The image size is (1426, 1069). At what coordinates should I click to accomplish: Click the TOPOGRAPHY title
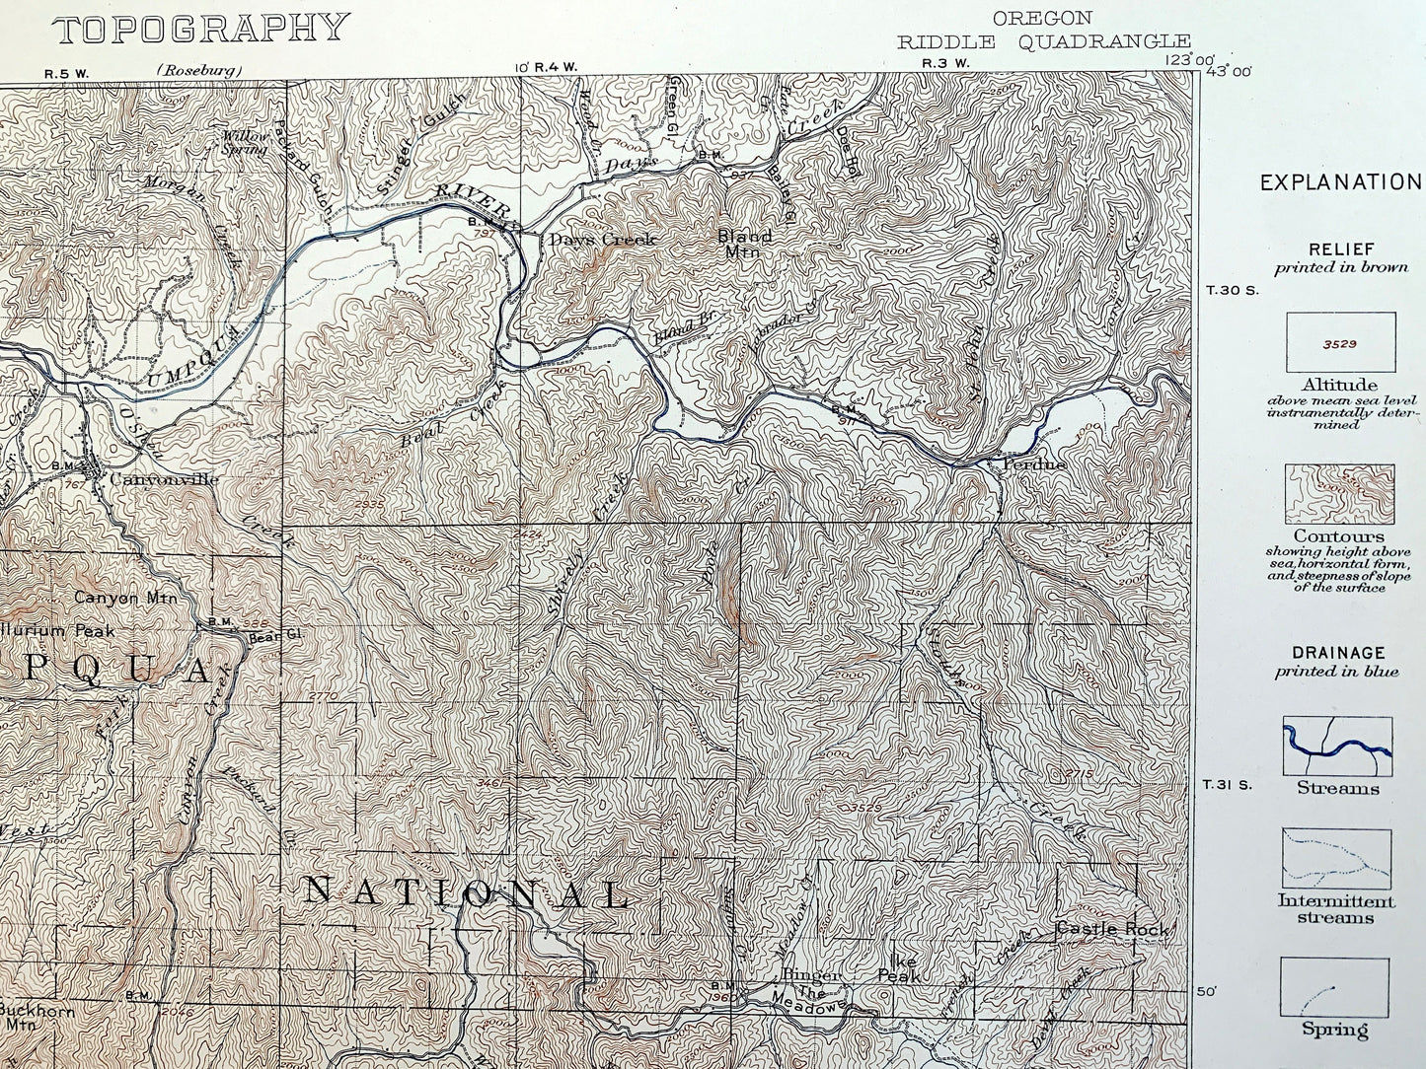[x=201, y=29]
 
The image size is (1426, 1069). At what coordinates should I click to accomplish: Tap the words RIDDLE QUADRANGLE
[x=1043, y=40]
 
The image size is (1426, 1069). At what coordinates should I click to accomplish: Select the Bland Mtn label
[x=745, y=244]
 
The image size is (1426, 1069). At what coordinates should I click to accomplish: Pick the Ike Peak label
[x=899, y=967]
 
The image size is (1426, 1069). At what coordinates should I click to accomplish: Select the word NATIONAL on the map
[x=466, y=892]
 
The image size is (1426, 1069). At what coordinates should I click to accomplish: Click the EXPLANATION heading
[x=1340, y=182]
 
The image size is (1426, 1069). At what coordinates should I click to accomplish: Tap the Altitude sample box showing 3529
[x=1339, y=343]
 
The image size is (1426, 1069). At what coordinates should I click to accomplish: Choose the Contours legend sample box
[x=1339, y=495]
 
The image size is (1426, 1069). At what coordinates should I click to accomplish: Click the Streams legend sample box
[x=1337, y=747]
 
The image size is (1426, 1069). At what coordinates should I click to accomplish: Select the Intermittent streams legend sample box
[x=1336, y=858]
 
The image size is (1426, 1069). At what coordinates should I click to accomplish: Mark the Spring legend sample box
[x=1335, y=986]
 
